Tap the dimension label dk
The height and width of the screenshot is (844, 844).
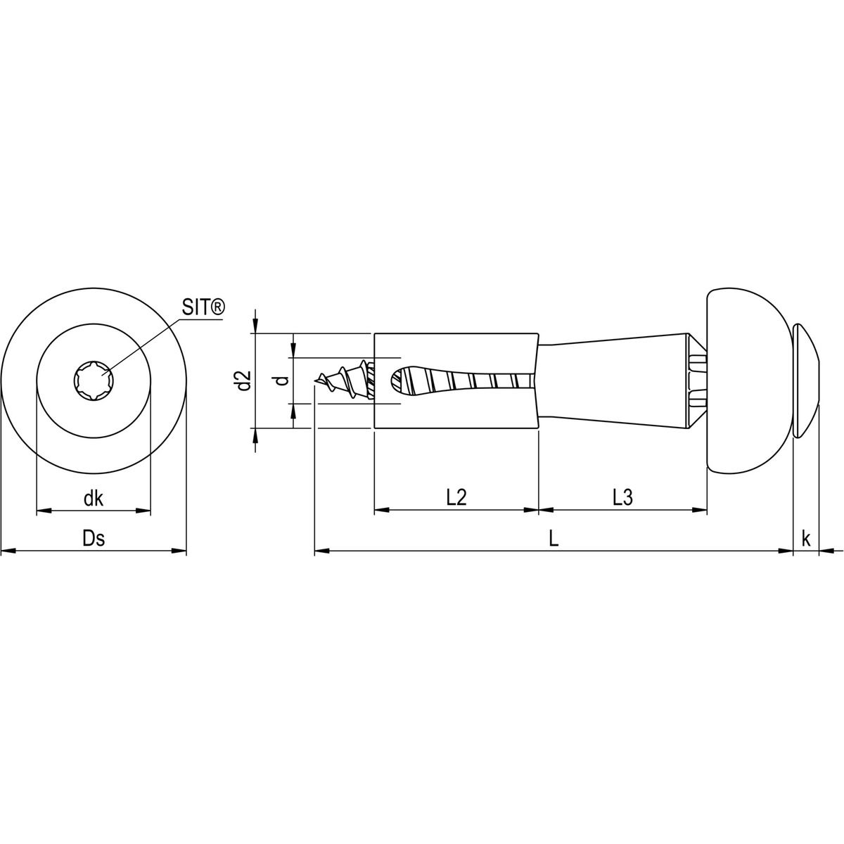tap(94, 499)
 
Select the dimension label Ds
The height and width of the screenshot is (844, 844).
tap(94, 539)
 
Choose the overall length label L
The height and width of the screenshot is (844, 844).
tap(554, 539)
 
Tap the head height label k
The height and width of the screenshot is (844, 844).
tap(806, 539)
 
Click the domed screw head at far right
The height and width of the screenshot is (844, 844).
tap(807, 381)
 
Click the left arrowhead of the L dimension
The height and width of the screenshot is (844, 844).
tap(321, 552)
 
